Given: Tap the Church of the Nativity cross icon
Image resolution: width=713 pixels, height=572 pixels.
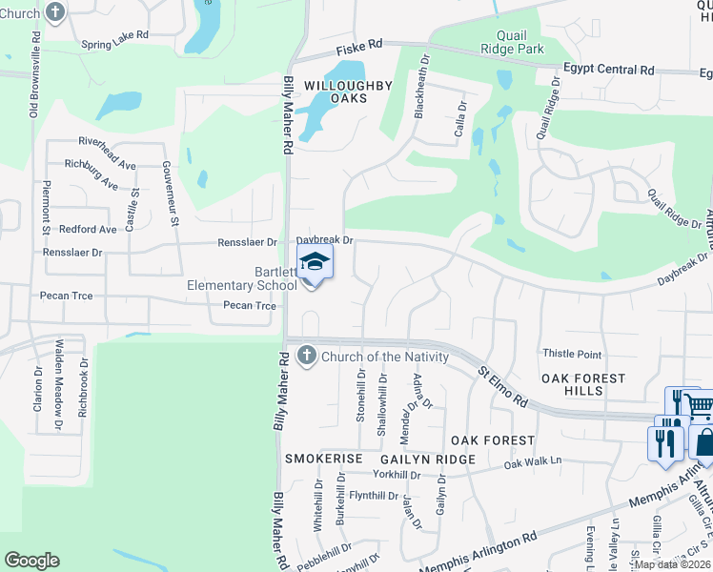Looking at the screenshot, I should (x=306, y=356).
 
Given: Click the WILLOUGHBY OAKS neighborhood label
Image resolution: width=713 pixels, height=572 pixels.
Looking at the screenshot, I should (x=348, y=92).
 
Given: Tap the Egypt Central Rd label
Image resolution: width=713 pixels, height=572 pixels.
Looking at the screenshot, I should (x=608, y=70).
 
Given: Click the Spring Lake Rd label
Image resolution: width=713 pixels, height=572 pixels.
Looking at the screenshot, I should (x=115, y=44).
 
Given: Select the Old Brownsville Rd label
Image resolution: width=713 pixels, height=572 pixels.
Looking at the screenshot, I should (x=34, y=77).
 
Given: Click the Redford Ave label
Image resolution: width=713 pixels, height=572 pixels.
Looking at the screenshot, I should (x=88, y=230).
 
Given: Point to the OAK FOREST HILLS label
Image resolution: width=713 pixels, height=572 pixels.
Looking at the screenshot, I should (x=583, y=386).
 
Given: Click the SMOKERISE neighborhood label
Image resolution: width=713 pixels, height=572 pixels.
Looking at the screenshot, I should (x=324, y=460).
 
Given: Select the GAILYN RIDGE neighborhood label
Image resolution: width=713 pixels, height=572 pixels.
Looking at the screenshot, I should (x=427, y=460).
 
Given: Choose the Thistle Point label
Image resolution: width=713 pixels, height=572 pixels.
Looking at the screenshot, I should (x=572, y=355).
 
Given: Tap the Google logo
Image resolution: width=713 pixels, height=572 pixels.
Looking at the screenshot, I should (x=31, y=561).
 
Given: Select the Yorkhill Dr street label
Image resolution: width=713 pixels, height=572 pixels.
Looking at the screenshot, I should (x=397, y=475).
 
